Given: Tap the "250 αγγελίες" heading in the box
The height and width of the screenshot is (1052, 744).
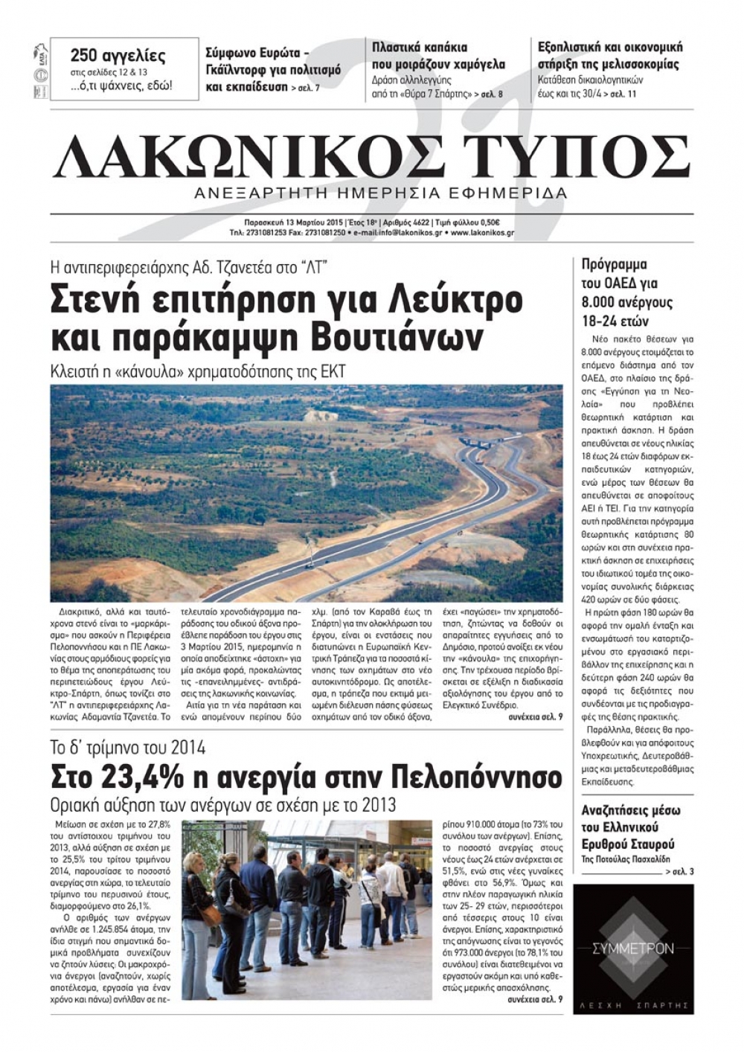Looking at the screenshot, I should click(118, 56).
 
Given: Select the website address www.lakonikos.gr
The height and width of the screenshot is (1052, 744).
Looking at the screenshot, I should click(482, 233).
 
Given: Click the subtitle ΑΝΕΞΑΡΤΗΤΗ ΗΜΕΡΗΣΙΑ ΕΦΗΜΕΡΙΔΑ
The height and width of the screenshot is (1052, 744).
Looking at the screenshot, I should click(379, 193).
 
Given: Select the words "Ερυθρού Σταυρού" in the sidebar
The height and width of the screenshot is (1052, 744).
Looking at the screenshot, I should click(628, 844).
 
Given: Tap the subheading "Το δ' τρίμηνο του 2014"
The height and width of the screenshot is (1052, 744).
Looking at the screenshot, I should click(128, 748).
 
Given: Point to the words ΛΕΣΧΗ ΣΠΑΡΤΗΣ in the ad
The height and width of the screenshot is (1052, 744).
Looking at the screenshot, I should click(633, 1004).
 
